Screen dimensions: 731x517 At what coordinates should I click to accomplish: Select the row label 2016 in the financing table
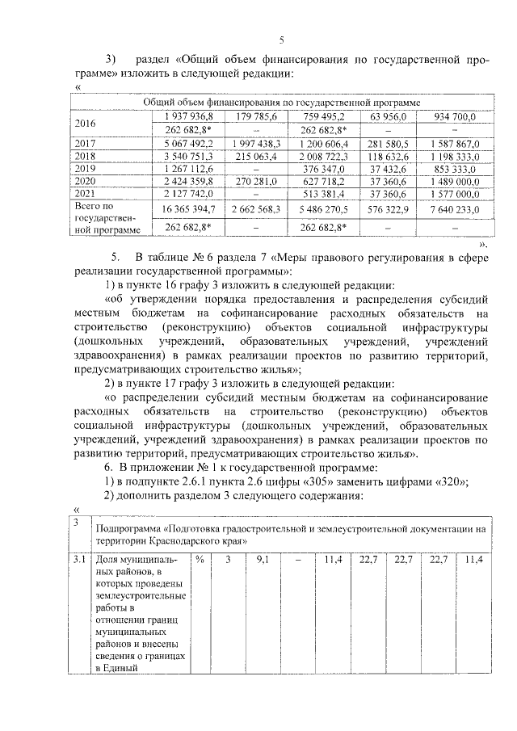tap(85, 123)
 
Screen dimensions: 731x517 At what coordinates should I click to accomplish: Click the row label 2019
tap(85, 169)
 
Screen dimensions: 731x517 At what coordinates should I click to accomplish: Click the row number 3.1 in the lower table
tap(78, 558)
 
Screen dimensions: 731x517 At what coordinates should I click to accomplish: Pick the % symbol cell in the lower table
tap(199, 558)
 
